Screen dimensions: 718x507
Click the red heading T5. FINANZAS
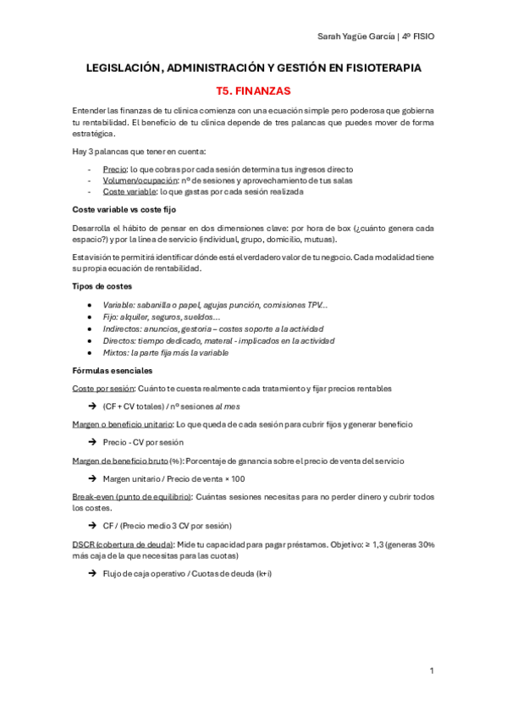253,89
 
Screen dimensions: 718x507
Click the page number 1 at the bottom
432,671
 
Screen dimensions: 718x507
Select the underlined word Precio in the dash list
115,169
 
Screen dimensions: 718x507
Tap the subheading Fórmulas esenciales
113,370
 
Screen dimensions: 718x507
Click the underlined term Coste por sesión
103,389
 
